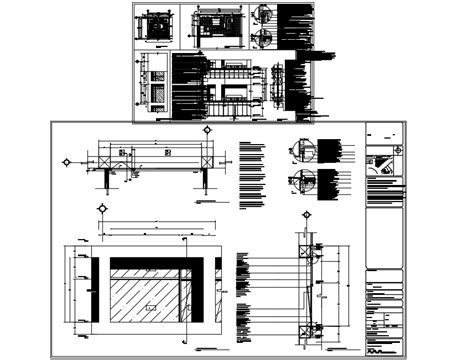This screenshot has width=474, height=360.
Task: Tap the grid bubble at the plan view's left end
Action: [x=67, y=160]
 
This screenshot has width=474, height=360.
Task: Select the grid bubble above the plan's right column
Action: [x=206, y=131]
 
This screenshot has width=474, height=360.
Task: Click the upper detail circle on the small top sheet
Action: [x=263, y=17]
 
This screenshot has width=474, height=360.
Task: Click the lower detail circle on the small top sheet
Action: [x=263, y=39]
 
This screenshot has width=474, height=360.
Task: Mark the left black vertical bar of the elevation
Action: [x=94, y=296]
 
